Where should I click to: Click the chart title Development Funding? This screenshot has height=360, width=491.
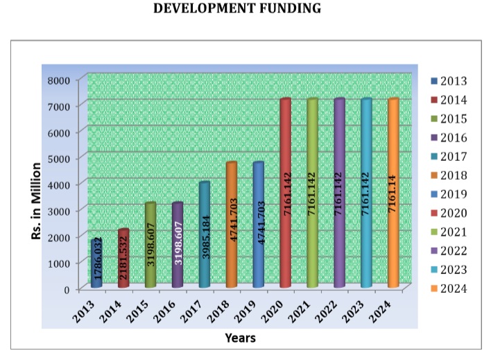(245, 9)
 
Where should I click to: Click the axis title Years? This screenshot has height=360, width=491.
(240, 338)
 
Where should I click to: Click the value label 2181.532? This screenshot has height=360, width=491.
(123, 261)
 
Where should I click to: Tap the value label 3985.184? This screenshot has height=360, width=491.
(205, 236)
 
